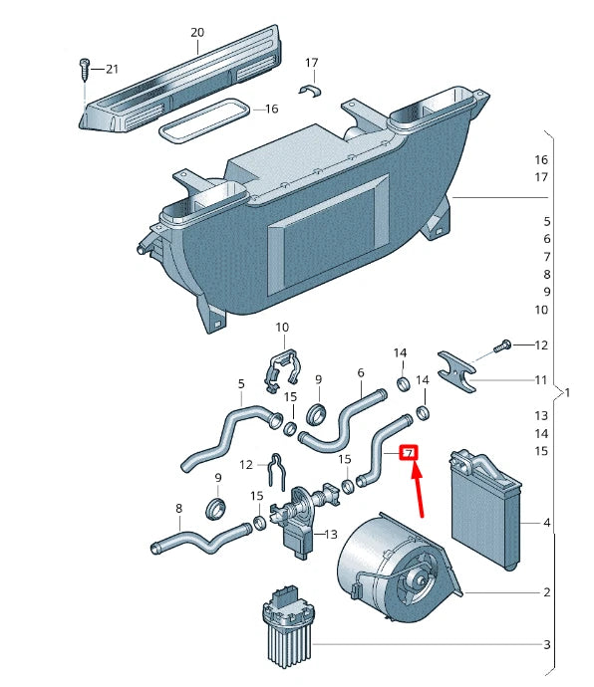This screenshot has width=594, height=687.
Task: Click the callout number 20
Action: (197, 33)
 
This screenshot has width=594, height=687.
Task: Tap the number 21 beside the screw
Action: (112, 69)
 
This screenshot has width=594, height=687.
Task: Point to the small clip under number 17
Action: (311, 92)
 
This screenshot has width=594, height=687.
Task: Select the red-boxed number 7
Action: (408, 453)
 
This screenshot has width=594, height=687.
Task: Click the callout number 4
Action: (546, 523)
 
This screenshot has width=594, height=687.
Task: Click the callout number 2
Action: (546, 592)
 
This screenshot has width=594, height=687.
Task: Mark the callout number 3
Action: (546, 645)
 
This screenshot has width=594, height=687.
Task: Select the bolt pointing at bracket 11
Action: (503, 346)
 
